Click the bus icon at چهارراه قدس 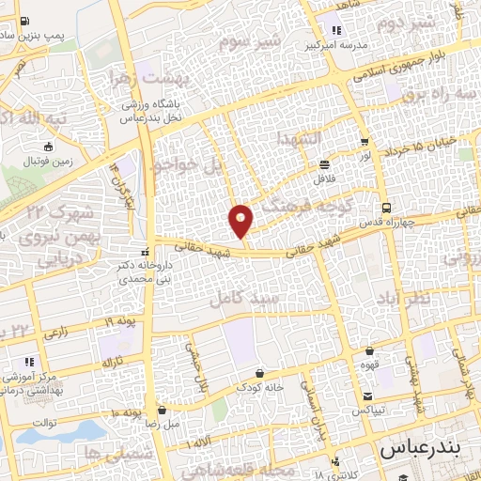pos(385,208)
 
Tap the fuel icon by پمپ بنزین pos(23,21)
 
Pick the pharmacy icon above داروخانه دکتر pos(143,252)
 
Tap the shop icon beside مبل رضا pos(163,411)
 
